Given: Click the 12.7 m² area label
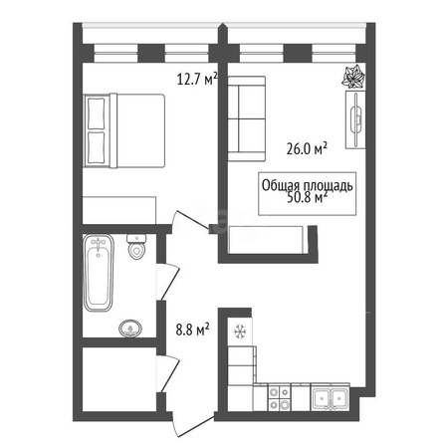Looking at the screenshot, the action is [197, 79].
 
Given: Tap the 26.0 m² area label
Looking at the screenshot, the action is [307, 148].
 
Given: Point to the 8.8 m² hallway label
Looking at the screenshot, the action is [192, 330].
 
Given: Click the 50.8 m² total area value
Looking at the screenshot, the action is [307, 198].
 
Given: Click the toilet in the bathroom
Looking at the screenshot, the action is [136, 247].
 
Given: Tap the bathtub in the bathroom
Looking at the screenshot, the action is [99, 273].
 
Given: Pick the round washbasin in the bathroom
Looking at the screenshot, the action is [130, 329].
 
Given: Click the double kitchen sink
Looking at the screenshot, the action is [331, 396].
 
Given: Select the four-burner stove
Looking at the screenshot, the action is [279, 397].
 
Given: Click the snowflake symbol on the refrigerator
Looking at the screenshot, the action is [240, 332].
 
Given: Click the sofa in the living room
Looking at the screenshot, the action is [247, 118].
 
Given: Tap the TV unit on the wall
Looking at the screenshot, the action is [355, 119].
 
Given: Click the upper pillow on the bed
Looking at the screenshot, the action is [97, 113].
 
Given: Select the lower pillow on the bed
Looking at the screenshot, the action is [97, 148].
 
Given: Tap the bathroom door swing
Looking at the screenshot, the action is [168, 283].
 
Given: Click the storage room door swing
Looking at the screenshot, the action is [168, 374].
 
